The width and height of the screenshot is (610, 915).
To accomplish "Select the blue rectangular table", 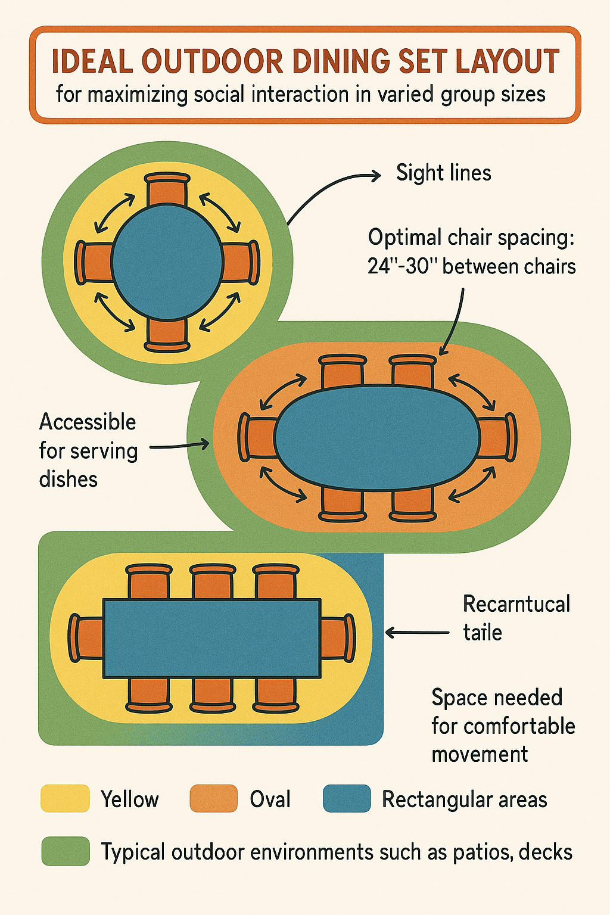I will (x=212, y=637).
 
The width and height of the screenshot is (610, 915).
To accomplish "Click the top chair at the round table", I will (x=167, y=189).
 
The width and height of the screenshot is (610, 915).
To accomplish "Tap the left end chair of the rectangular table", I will (x=87, y=637).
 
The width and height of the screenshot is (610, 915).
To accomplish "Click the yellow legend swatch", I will (x=64, y=799).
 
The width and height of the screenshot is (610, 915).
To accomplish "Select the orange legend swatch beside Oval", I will (x=213, y=799).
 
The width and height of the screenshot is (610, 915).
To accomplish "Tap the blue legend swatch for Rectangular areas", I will (x=347, y=799).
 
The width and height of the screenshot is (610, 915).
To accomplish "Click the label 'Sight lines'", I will (x=444, y=173).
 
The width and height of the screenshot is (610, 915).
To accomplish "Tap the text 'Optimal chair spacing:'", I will (x=471, y=237).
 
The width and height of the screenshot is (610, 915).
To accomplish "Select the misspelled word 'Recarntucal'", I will (x=516, y=604).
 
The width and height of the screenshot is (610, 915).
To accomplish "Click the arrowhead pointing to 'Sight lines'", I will (x=375, y=175).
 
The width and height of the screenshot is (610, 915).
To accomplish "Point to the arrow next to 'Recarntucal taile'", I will (x=417, y=633).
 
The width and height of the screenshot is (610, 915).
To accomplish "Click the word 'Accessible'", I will (x=88, y=422).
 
